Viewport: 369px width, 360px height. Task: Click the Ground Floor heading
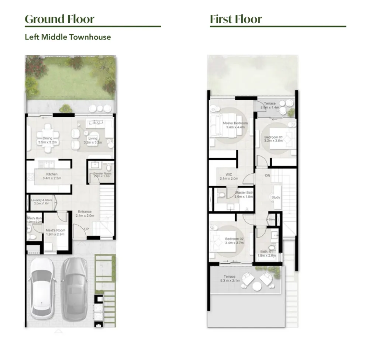coord(59,19)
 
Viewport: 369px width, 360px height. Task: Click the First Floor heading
coord(236,19)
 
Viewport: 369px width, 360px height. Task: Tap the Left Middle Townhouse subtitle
coord(68,37)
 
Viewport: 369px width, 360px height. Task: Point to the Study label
coord(276,197)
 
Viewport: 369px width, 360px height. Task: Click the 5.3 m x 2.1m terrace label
coord(229,278)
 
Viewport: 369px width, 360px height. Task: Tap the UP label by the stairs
coord(87,229)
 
